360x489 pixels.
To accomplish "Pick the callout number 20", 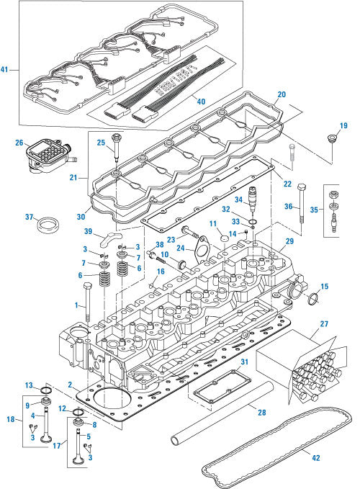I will click(281, 94).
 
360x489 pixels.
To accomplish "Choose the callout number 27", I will click(324, 325).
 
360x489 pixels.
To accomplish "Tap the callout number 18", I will click(10, 418).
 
